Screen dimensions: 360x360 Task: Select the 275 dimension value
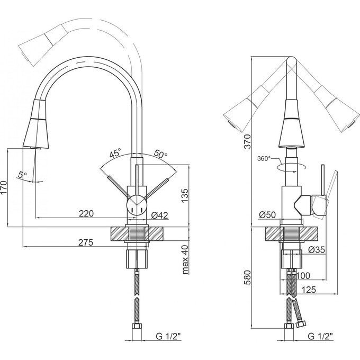(x=86, y=243)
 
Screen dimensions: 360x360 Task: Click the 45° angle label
(x=114, y=154)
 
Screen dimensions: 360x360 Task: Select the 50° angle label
(x=160, y=155)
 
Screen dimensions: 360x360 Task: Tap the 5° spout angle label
(x=22, y=174)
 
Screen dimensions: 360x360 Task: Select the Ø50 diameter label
(x=268, y=214)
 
